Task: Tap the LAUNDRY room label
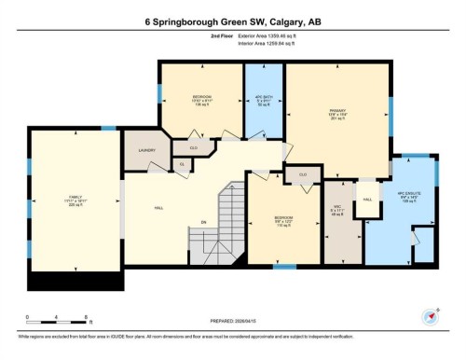coord(145,149)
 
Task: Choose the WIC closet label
coord(337,210)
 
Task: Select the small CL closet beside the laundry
coord(181,164)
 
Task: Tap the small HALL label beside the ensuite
coord(367,200)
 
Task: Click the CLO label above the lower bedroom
coord(303,173)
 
